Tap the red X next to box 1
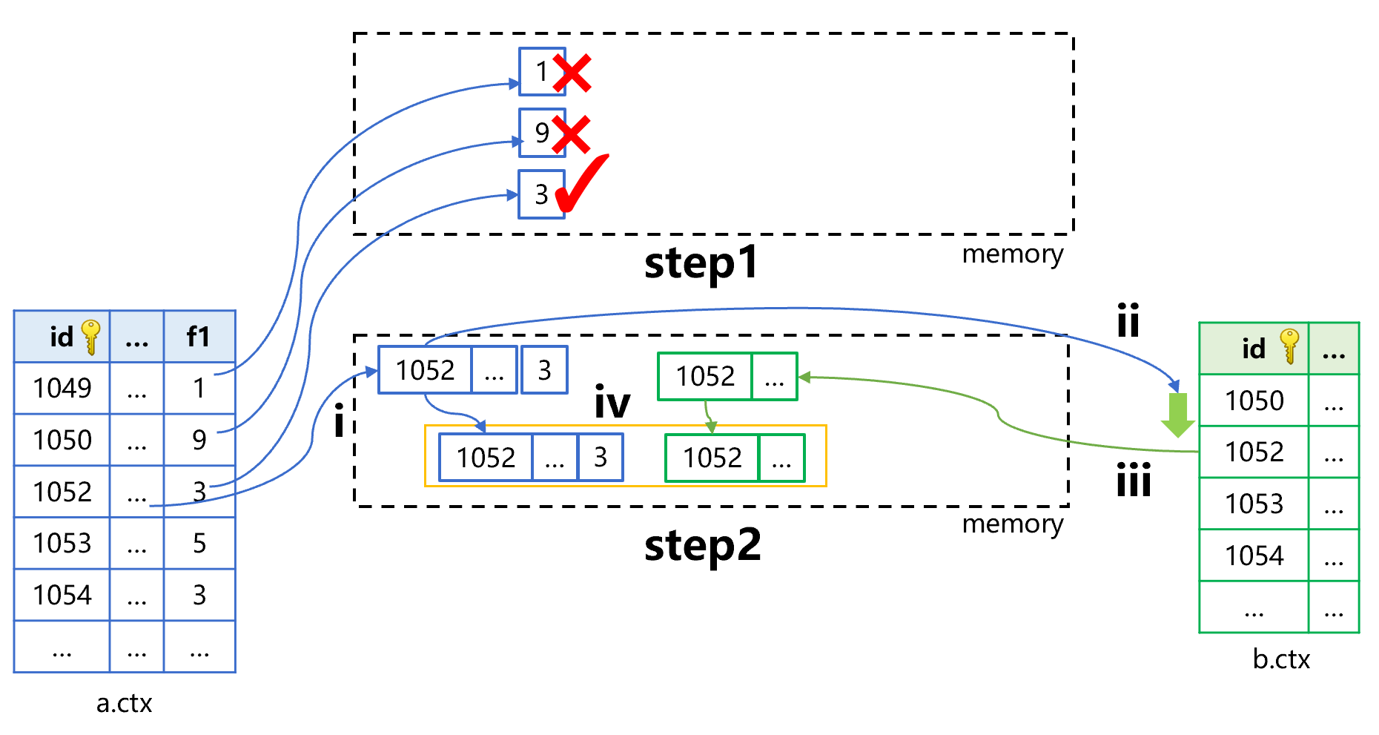[x=572, y=73]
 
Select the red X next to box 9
[x=572, y=135]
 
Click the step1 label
[x=701, y=263]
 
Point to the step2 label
[x=702, y=546]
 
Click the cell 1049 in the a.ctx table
[x=62, y=388]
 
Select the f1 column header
[x=199, y=337]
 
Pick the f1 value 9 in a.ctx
[x=199, y=440]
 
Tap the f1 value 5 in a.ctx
[x=199, y=543]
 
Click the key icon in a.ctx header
[x=91, y=337]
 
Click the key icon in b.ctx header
[x=1289, y=346]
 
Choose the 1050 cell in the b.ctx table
[x=1254, y=401]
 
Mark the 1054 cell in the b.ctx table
[x=1254, y=556]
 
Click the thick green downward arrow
[x=1177, y=415]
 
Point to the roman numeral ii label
[x=1128, y=320]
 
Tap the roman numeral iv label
[x=612, y=403]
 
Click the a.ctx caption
[x=124, y=703]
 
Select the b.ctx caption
[x=1281, y=659]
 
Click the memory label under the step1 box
[x=1012, y=254]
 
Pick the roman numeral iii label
[x=1134, y=480]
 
